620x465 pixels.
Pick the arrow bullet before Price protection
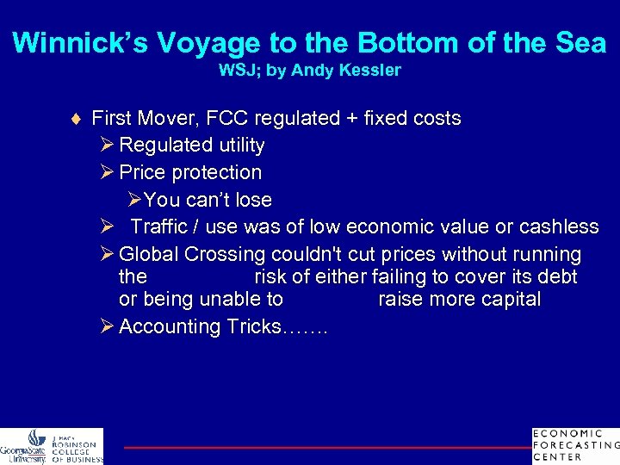[x=107, y=172]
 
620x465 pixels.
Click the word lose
[x=253, y=200]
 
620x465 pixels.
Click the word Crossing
[x=226, y=255]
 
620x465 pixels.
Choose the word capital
[x=508, y=300]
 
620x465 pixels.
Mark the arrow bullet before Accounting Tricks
[x=107, y=326]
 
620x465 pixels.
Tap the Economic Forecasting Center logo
[x=575, y=445]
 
